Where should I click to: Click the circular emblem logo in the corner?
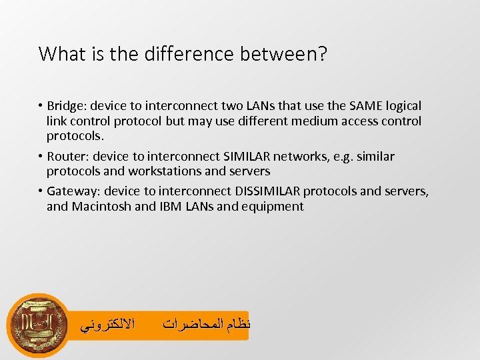[38, 325]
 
